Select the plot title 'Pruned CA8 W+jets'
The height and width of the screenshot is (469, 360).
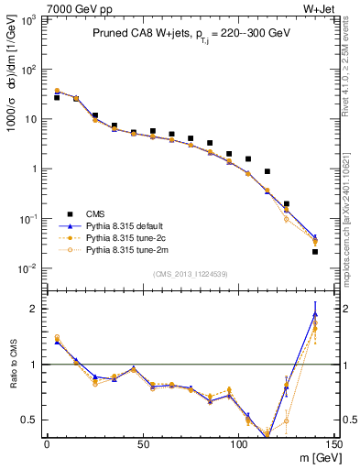[137, 32]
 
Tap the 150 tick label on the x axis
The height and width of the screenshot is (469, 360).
[333, 444]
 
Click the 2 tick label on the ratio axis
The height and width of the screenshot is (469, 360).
[35, 309]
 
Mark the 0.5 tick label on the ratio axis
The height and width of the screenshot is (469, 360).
[31, 420]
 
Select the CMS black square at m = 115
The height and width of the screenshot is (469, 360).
[267, 171]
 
